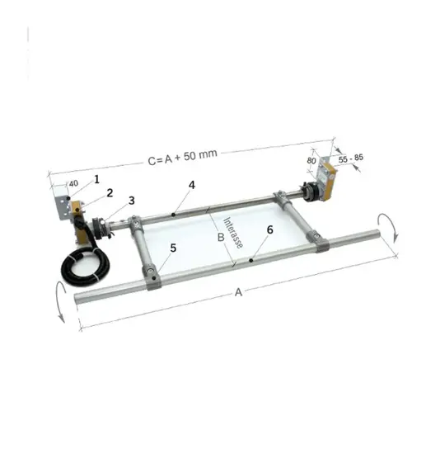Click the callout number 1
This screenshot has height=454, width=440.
97,179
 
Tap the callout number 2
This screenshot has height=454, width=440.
110,193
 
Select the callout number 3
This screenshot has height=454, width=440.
132,201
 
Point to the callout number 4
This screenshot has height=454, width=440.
192,185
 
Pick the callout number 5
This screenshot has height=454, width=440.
173,248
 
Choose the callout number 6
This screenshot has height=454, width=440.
269,229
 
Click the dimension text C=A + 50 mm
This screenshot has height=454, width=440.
182,157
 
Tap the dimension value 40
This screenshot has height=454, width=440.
73,183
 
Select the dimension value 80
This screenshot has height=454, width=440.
311,160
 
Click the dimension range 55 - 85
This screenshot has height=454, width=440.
351,158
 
